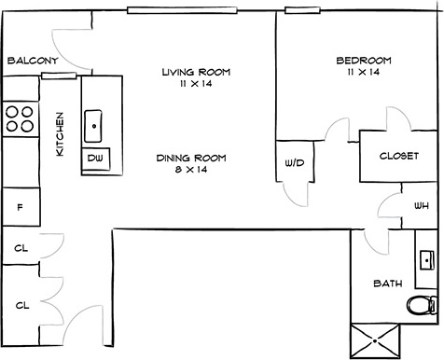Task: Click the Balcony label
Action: click(33, 61)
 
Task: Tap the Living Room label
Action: click(196, 72)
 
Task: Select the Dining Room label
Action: click(191, 158)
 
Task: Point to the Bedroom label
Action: click(364, 61)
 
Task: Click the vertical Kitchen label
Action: click(60, 134)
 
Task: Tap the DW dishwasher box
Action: click(96, 159)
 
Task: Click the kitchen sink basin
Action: click(93, 126)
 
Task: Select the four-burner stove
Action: click(21, 118)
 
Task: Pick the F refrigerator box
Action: click(21, 206)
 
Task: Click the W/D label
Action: click(295, 162)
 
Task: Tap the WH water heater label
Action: click(422, 205)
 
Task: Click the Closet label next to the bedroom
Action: click(399, 156)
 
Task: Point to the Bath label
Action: click(388, 284)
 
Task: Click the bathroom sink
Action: click(427, 260)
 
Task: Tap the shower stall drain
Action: click(375, 341)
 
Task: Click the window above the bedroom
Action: click(302, 10)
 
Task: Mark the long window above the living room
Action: click(182, 10)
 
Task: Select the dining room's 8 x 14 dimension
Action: click(191, 170)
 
